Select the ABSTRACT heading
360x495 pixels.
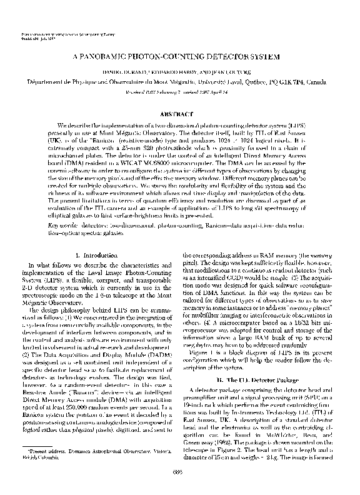(x=179, y=116)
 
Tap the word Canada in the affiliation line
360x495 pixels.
(x=325, y=81)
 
